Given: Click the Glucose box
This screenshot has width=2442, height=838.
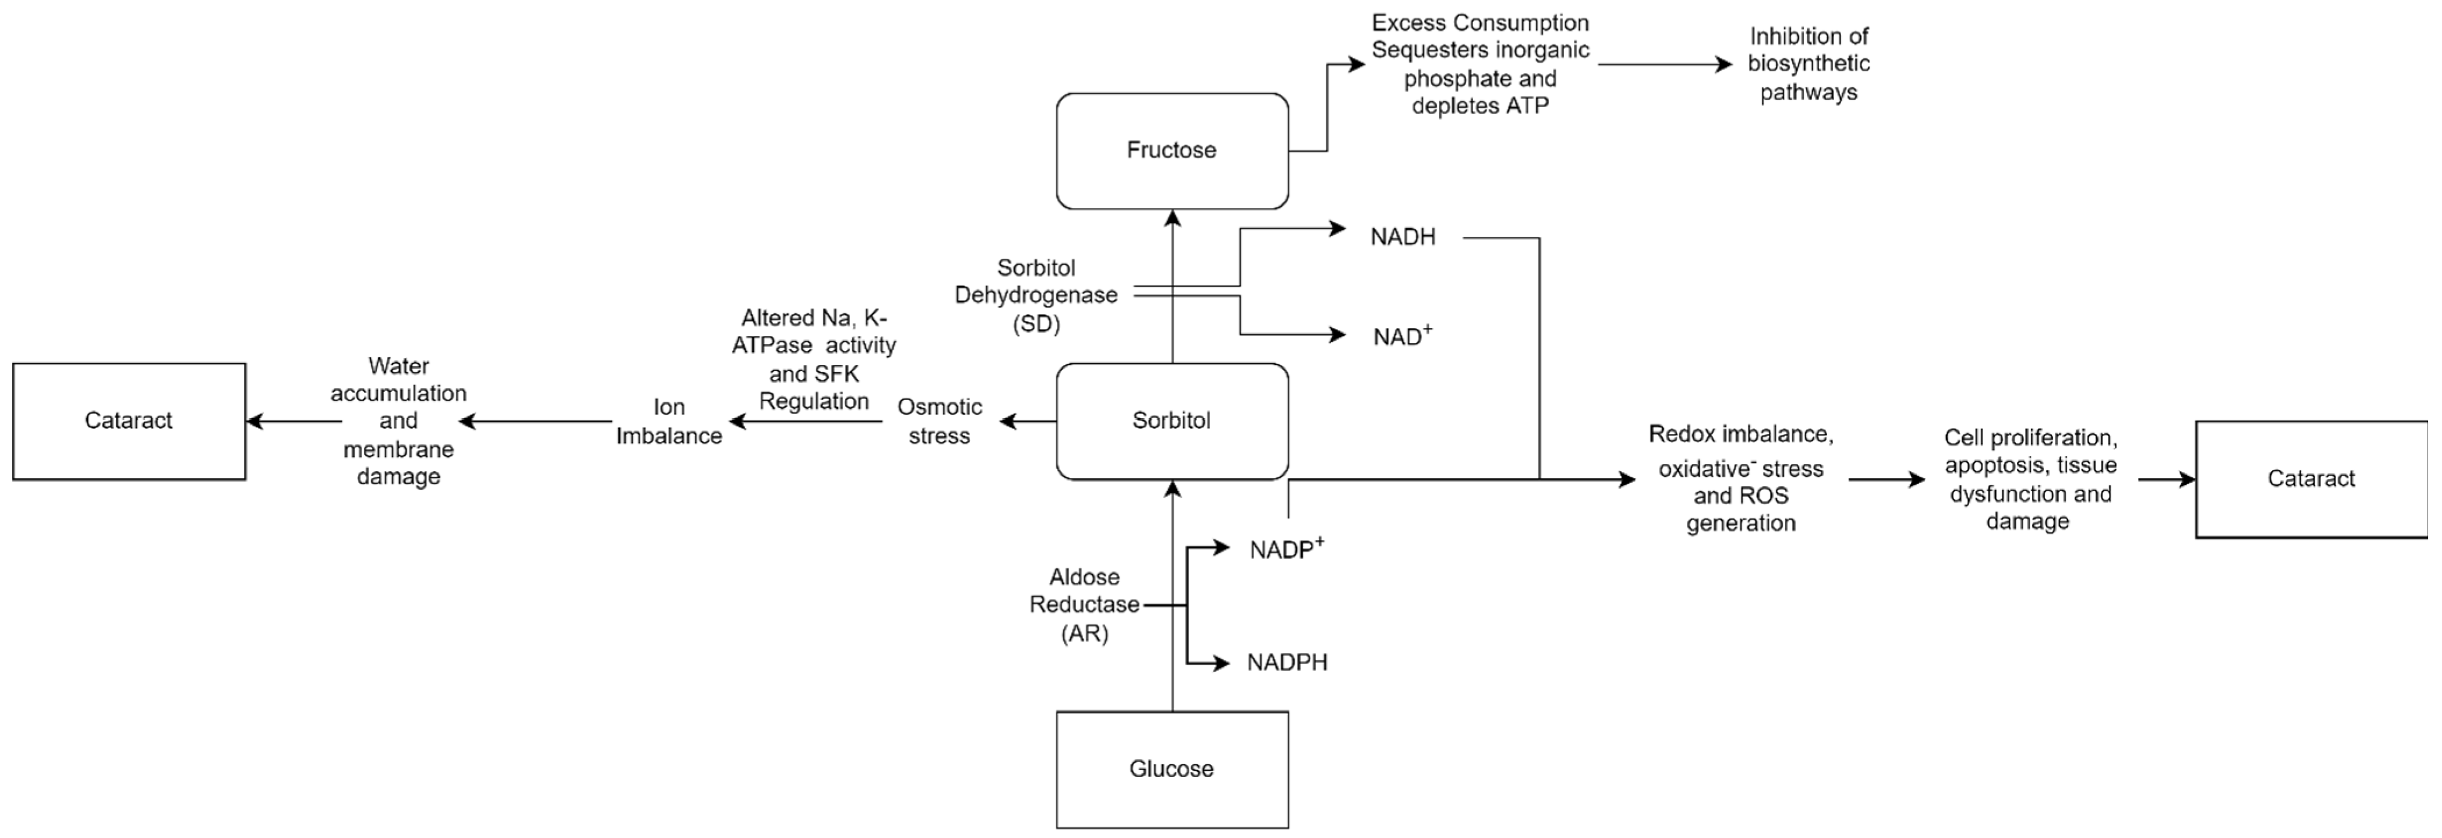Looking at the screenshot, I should click(x=1172, y=769).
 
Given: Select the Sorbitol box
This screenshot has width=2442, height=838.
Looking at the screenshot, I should click(x=1172, y=421).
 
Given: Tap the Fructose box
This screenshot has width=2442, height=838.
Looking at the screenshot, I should click(x=1172, y=150).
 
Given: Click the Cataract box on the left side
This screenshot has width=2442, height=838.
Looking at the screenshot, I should click(x=129, y=421).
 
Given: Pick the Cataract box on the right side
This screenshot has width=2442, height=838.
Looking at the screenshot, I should click(x=2310, y=479).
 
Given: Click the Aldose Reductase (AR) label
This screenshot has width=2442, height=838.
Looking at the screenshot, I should click(x=1085, y=605).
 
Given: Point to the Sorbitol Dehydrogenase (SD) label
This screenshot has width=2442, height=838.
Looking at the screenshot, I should click(x=1035, y=296).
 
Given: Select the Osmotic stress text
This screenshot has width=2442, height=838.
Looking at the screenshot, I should click(x=939, y=421).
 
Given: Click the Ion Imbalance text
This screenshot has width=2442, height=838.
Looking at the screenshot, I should click(x=668, y=421).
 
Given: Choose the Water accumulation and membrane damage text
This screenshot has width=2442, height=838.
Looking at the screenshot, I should click(x=398, y=421).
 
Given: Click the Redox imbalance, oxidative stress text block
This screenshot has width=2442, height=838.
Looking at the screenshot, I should click(x=1740, y=479).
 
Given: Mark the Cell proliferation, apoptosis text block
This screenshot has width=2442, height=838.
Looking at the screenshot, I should click(x=2030, y=479).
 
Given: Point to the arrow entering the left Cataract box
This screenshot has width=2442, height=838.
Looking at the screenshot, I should click(x=294, y=422).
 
